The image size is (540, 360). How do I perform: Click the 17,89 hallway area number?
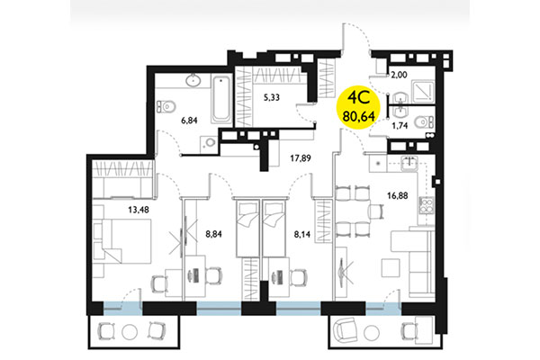tap(300, 163)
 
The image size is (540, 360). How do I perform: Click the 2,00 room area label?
tap(398, 78)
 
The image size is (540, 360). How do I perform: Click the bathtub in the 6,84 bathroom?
tap(219, 100)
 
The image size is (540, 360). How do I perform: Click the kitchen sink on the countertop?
tap(409, 163)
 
